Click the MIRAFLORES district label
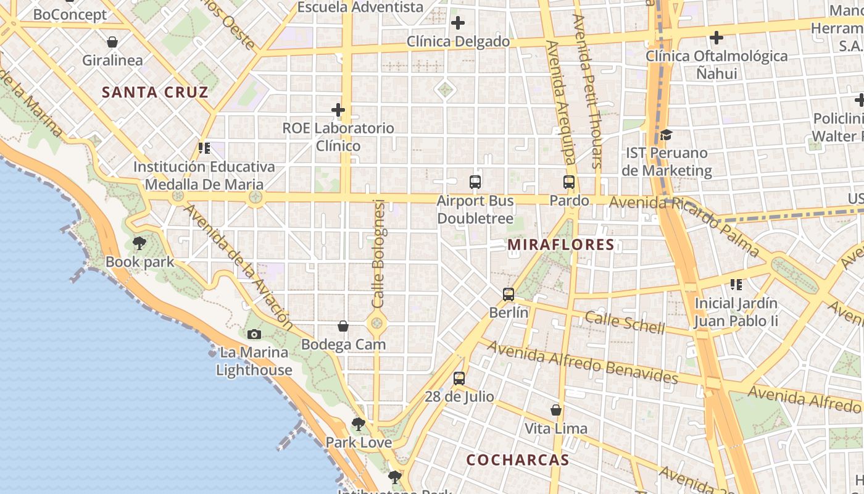point(561,245)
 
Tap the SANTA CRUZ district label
point(155,93)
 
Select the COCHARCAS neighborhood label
point(518,460)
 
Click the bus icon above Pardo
point(569,182)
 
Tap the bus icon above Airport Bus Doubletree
point(475,182)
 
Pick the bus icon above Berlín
point(509,294)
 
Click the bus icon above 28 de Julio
point(459,379)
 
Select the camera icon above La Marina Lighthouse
point(254,334)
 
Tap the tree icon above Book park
point(139,243)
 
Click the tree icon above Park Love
point(358,424)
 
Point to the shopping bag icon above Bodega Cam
point(343,326)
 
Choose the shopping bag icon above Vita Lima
point(556,410)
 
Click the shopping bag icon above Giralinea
point(112,42)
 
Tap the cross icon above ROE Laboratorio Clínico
point(338,110)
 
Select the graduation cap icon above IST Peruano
point(666,134)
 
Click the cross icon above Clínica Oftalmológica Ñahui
point(716,38)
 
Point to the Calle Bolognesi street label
point(379,253)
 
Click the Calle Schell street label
point(625,322)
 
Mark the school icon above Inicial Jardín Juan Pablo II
point(736,285)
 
